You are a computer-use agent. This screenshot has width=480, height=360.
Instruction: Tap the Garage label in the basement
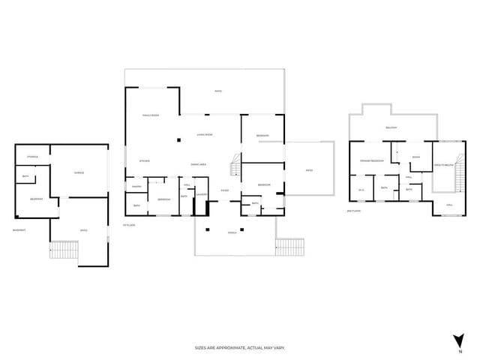point(79,173)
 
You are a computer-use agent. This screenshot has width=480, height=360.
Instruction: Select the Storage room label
point(32,157)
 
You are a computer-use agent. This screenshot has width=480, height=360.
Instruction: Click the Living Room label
point(205,134)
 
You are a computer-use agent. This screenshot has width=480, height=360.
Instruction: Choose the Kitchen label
point(145,161)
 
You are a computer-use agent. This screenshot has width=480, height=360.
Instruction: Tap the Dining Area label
point(199,165)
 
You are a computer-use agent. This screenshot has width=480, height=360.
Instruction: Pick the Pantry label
point(137,187)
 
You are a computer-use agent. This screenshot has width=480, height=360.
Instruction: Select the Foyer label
point(224,190)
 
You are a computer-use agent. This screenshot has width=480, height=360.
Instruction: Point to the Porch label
point(232,232)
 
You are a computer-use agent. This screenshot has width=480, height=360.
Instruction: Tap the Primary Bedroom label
point(372,161)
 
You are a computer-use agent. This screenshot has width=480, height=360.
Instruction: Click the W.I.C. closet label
point(361,189)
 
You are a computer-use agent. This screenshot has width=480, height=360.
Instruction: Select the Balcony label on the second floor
point(391,128)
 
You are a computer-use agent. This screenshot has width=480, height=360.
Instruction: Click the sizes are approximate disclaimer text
point(240,348)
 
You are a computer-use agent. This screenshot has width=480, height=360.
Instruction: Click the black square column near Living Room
point(178,140)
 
